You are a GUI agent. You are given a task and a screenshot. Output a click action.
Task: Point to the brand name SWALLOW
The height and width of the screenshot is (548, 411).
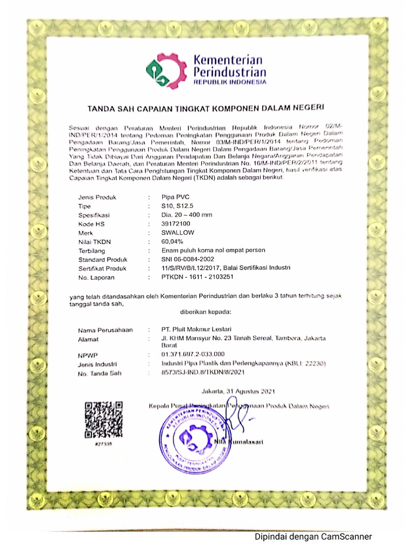click(x=178, y=233)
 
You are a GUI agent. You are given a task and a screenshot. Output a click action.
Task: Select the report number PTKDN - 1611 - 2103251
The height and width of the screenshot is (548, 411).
click(x=197, y=277)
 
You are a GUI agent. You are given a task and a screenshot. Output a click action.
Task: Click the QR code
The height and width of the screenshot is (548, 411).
click(x=104, y=420)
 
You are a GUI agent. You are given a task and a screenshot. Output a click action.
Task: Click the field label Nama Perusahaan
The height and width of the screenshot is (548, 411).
click(x=105, y=329)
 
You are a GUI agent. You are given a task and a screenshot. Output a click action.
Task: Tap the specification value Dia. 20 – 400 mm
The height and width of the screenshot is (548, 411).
click(x=187, y=215)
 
